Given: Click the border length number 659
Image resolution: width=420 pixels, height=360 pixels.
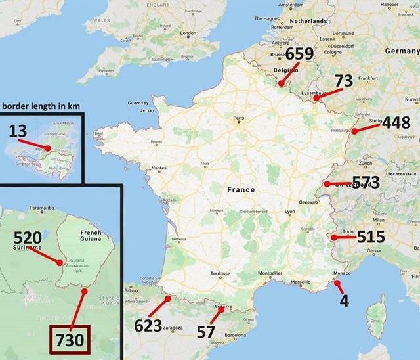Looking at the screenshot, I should pyautogui.click(x=300, y=55).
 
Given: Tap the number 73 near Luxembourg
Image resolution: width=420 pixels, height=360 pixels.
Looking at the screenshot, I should pyautogui.click(x=344, y=81).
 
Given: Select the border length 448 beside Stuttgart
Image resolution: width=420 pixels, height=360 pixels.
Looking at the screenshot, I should pyautogui.click(x=396, y=124).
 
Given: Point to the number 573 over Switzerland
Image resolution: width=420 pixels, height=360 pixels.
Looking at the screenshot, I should pyautogui.click(x=366, y=182).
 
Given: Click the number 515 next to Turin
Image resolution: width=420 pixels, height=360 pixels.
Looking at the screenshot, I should pyautogui.click(x=371, y=236).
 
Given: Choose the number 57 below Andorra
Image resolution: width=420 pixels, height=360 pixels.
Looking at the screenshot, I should pyautogui.click(x=206, y=331).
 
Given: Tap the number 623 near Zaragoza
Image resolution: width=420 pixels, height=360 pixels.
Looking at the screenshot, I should pyautogui.click(x=148, y=325).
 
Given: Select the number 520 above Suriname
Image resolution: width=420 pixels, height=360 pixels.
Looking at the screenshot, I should pyautogui.click(x=28, y=238).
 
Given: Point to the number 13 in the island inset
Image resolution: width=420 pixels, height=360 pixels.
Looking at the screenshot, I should pyautogui.click(x=18, y=131).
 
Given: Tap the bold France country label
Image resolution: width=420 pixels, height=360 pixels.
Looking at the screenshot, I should pyautogui.click(x=240, y=189).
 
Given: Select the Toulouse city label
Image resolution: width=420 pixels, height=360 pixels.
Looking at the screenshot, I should pyautogui.click(x=220, y=274).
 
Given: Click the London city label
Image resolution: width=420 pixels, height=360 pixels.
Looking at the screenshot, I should pyautogui.click(x=188, y=33).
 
